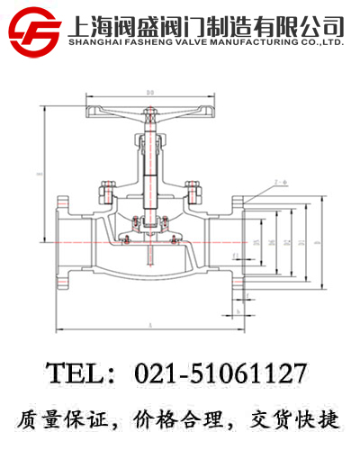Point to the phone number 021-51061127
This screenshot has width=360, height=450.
[220, 372]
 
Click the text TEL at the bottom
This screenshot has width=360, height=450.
[74, 372]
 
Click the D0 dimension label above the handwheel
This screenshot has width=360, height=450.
[151, 92]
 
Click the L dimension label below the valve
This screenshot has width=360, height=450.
[149, 322]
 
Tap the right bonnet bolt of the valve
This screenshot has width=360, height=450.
[190, 192]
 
